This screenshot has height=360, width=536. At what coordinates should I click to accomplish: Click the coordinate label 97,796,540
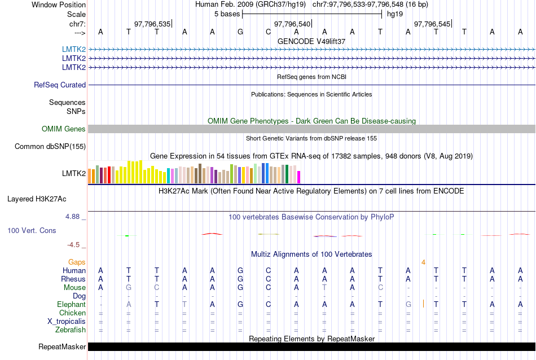[x=292, y=24]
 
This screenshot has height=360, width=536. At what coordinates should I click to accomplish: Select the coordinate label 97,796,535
[x=152, y=24]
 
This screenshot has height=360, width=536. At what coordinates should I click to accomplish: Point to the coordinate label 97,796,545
[x=432, y=24]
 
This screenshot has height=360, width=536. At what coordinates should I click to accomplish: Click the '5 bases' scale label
[x=227, y=14]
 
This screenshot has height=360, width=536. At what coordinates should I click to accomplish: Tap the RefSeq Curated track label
[x=60, y=85]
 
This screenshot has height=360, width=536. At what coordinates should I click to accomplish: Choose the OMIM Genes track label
[x=64, y=129]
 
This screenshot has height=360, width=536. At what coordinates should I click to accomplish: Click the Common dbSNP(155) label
[x=50, y=147]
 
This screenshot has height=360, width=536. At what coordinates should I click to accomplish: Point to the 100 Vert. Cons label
[x=32, y=231]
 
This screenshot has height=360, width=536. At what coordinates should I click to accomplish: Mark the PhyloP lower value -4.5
[x=74, y=245]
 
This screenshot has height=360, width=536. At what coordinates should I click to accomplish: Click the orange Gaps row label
[x=77, y=262]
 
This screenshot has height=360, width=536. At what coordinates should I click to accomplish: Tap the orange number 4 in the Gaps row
[x=423, y=262]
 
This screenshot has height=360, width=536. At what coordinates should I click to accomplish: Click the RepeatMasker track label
[x=62, y=346]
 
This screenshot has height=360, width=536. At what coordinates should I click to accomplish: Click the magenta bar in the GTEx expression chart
[x=299, y=177]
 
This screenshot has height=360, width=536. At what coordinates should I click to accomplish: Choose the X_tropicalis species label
[x=67, y=322]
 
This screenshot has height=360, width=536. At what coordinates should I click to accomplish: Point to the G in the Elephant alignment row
[x=408, y=305]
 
